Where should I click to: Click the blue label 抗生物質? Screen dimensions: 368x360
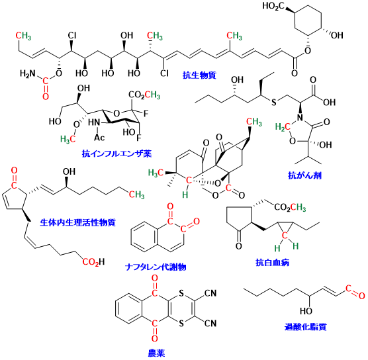199,75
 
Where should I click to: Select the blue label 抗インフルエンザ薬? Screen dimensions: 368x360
116,154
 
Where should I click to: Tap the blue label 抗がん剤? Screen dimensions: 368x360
304,175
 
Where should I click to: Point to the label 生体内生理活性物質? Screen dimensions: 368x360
77,222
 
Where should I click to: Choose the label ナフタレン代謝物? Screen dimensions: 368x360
156,267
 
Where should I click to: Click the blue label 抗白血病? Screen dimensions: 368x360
272,262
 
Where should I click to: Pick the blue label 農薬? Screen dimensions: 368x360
156,353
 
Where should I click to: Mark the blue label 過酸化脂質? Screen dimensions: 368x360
306,327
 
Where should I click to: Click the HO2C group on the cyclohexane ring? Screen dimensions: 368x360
273,6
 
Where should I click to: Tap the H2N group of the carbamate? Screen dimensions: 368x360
27,73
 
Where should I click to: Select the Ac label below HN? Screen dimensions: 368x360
99,137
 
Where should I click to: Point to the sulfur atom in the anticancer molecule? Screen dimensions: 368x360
273,103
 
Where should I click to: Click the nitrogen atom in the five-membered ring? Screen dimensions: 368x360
299,118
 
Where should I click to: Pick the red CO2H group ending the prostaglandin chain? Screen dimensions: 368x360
93,262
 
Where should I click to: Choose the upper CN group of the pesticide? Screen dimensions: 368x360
210,293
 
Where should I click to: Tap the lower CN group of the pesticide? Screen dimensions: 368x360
210,324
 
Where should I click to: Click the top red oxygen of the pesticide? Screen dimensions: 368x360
154,279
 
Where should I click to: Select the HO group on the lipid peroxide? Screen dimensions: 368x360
306,311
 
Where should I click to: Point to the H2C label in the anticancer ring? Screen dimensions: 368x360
283,127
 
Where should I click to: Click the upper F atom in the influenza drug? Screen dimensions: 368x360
146,114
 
